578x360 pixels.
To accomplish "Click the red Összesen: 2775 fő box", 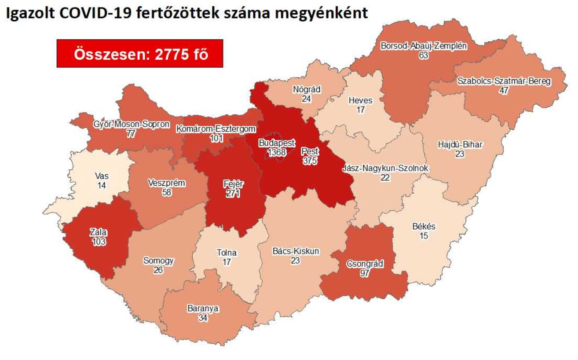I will [140, 53].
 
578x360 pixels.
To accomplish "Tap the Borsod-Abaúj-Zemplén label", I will [423, 46].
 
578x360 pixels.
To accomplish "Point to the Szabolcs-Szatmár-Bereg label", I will [504, 81].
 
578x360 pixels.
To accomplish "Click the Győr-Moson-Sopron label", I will [131, 125].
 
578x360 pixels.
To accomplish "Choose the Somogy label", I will [158, 261].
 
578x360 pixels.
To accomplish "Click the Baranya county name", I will [203, 309].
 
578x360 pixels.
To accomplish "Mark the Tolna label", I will [227, 253].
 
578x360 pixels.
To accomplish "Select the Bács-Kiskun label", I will [296, 251].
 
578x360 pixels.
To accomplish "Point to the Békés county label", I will [424, 227].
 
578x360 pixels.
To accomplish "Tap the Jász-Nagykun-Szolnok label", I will [385, 168].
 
